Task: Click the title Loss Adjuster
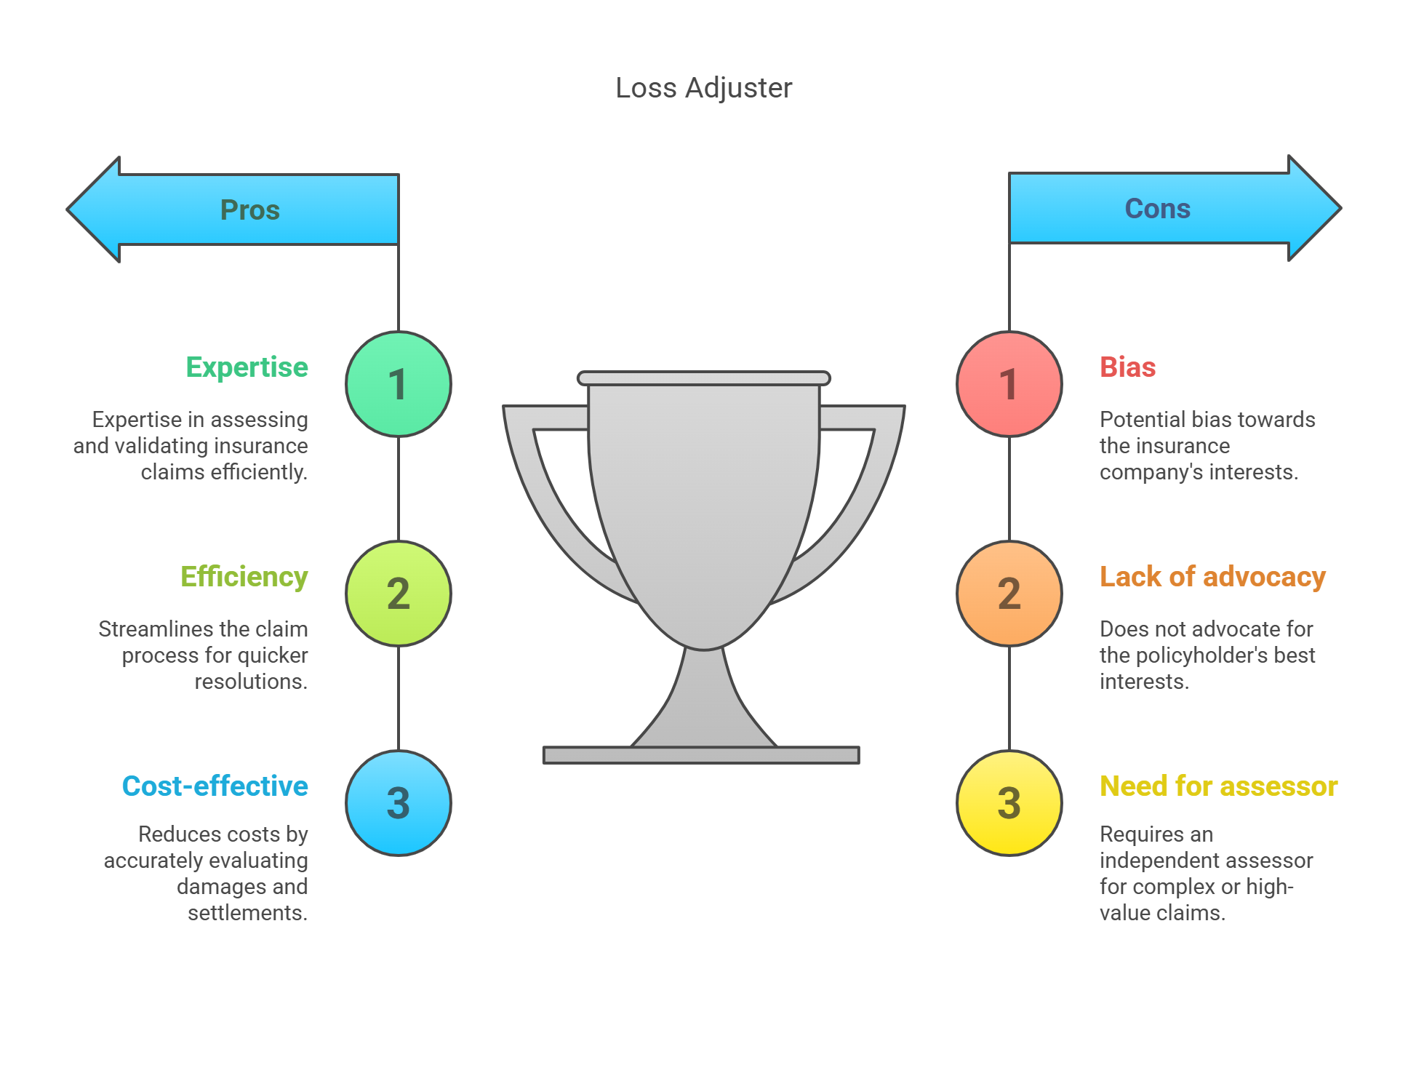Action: [703, 88]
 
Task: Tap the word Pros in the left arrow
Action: [249, 210]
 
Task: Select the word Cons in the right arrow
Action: [1157, 209]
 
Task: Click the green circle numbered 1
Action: [399, 384]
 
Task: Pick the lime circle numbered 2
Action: [399, 594]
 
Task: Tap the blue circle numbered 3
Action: [399, 803]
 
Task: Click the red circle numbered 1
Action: [1009, 384]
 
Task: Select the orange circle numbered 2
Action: [1009, 594]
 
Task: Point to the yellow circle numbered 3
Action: [1009, 803]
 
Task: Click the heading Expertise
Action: [247, 367]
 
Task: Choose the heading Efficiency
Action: [244, 577]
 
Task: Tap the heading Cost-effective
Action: [215, 786]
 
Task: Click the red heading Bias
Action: [1127, 367]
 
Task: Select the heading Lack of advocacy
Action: [1212, 577]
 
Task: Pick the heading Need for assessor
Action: [1218, 786]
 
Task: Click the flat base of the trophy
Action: [701, 755]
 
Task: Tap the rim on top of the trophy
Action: [703, 378]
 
